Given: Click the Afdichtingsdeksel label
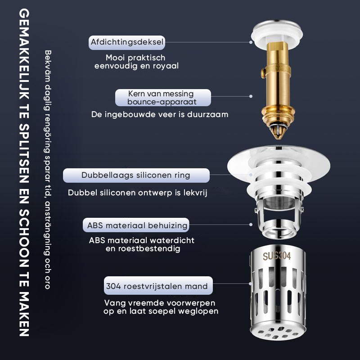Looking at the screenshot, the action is pyautogui.click(x=127, y=42).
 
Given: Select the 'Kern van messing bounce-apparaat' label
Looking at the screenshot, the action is pyautogui.click(x=163, y=98).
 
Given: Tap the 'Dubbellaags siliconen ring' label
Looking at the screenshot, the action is pyautogui.click(x=136, y=175).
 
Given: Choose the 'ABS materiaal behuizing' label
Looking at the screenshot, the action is pyautogui.click(x=136, y=225).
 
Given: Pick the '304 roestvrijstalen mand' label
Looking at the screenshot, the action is pyautogui.click(x=158, y=286).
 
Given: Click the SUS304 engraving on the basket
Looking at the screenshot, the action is pyautogui.click(x=277, y=256).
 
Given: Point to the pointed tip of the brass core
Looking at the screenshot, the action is pyautogui.click(x=279, y=138).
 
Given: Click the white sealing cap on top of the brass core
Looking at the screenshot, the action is pyautogui.click(x=277, y=35).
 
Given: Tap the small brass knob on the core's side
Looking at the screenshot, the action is pyautogui.click(x=263, y=73).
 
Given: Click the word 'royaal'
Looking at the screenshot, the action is pyautogui.click(x=166, y=66).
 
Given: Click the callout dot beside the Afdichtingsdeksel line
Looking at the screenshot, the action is pyautogui.click(x=251, y=42).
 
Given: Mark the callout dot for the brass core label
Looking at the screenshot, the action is pyautogui.click(x=251, y=96).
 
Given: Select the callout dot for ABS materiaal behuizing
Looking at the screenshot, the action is pyautogui.click(x=251, y=225).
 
